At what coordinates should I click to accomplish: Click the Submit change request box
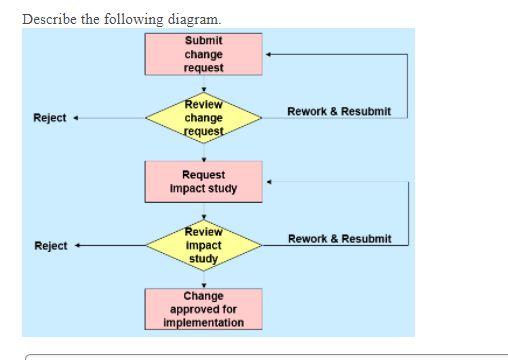pyautogui.click(x=204, y=54)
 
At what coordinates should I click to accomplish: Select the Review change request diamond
pyautogui.click(x=204, y=118)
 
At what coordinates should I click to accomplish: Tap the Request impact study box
pyautogui.click(x=204, y=181)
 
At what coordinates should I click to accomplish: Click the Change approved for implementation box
pyautogui.click(x=204, y=309)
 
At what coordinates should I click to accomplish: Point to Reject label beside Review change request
pyautogui.click(x=49, y=118)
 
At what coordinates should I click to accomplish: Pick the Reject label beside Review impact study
pyautogui.click(x=49, y=246)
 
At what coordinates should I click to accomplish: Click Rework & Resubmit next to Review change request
pyautogui.click(x=339, y=111)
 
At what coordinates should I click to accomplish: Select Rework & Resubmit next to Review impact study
pyautogui.click(x=339, y=239)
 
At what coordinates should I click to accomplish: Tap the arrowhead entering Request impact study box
pyautogui.click(x=269, y=182)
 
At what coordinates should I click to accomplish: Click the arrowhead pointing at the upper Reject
pyautogui.click(x=76, y=118)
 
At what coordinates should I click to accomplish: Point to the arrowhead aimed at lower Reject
pyautogui.click(x=76, y=245)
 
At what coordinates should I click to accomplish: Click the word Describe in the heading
pyautogui.click(x=47, y=19)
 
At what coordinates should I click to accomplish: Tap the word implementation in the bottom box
pyautogui.click(x=204, y=322)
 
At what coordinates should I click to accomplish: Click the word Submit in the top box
pyautogui.click(x=204, y=41)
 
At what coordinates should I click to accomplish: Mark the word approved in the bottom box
pyautogui.click(x=204, y=309)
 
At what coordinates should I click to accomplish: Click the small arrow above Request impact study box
pyautogui.click(x=204, y=158)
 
